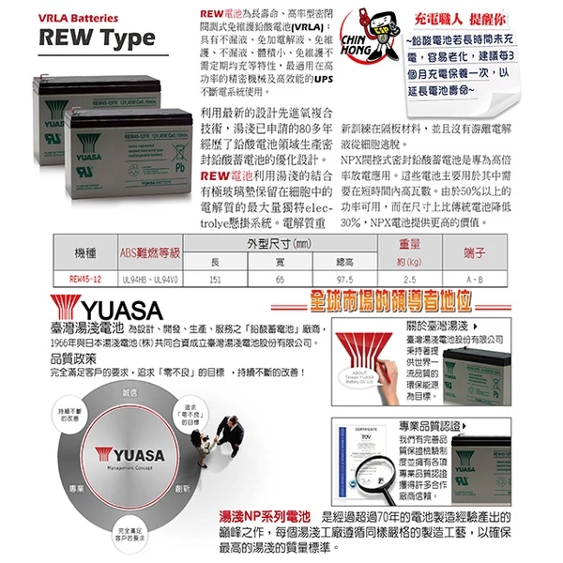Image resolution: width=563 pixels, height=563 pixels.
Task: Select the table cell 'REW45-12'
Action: pos(85,279)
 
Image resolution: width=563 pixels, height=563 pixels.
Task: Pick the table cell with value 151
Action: pos(214,279)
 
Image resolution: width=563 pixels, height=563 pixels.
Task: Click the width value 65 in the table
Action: pos(280,279)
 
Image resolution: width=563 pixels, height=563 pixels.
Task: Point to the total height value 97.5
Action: pos(344,279)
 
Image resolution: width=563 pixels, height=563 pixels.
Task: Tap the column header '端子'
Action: pos(474,252)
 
